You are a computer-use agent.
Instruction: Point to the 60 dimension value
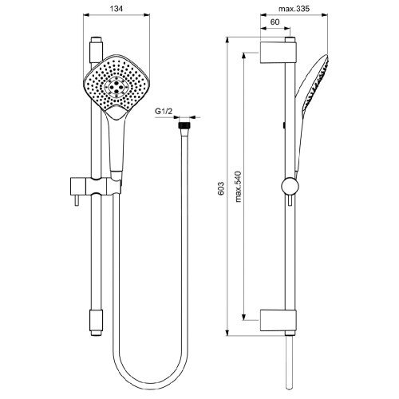point(275,23)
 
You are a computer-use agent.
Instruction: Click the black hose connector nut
point(185,124)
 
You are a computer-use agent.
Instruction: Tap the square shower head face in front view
point(117,85)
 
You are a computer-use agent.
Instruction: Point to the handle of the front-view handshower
point(119,144)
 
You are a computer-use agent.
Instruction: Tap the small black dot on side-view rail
point(285,126)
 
